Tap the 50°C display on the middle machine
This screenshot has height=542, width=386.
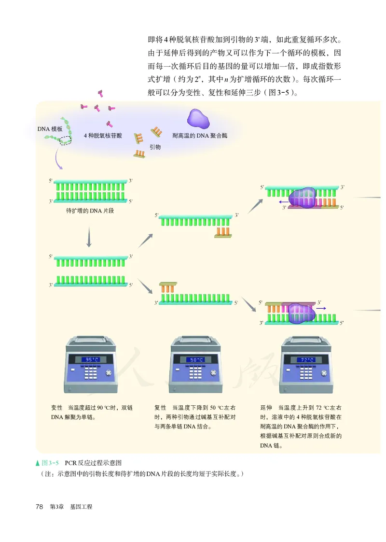(x=197, y=359)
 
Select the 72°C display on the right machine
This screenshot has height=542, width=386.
(x=307, y=359)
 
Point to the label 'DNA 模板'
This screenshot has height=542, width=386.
(x=50, y=128)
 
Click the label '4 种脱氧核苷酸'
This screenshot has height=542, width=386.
(x=103, y=136)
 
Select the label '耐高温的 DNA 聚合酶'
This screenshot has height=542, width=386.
(x=200, y=136)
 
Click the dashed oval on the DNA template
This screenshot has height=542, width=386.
(x=65, y=140)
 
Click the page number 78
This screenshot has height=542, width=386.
(x=40, y=507)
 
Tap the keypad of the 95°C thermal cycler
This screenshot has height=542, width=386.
(x=90, y=374)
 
